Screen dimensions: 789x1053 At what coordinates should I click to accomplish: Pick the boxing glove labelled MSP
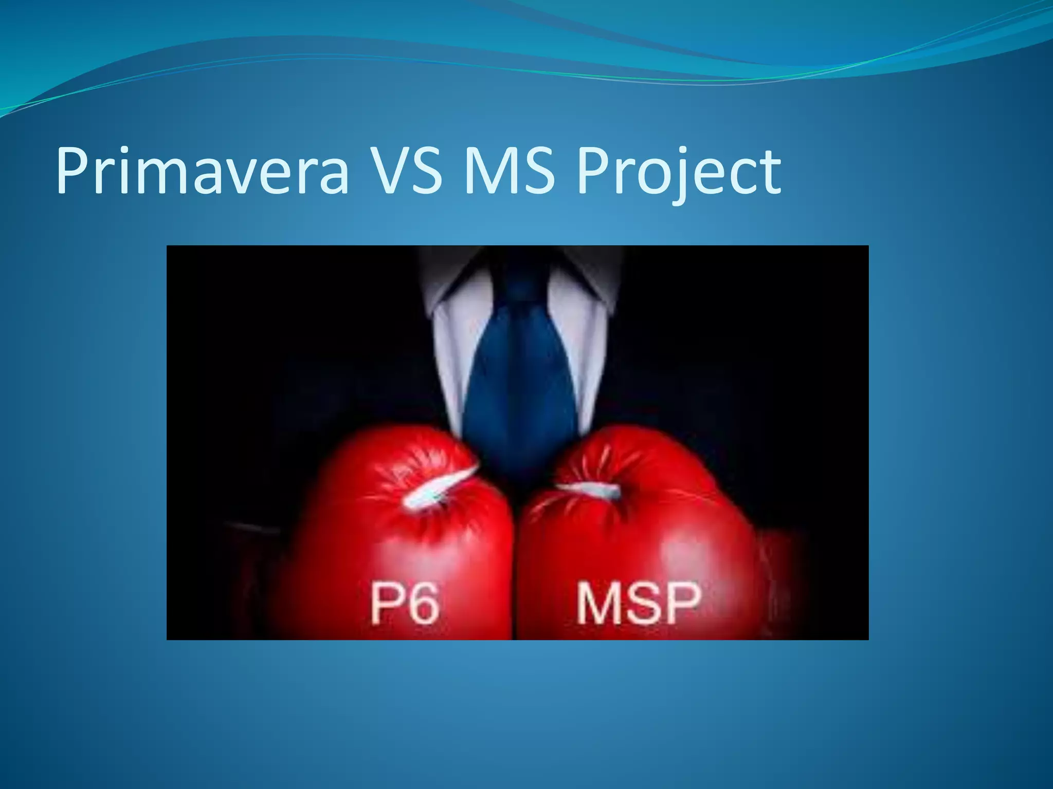638,534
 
